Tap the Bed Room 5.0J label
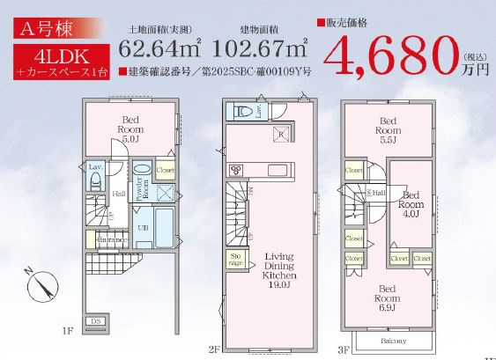coord(130,128)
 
